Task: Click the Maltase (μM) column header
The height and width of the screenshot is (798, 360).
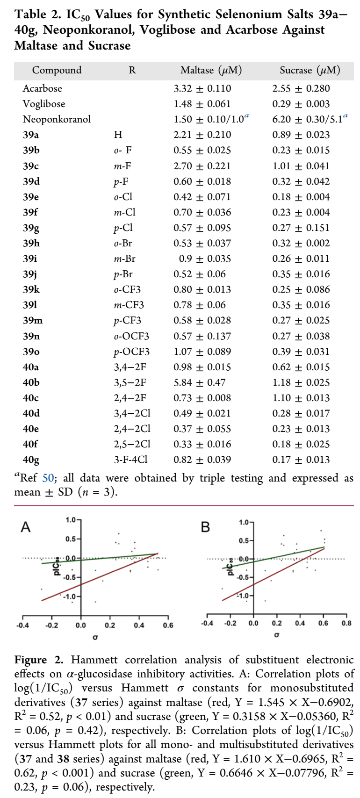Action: point(211,71)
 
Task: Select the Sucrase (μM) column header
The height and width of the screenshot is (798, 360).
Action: point(310,71)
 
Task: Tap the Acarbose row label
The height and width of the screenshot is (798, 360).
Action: point(42,88)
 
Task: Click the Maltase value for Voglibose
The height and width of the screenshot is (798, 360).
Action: point(202,104)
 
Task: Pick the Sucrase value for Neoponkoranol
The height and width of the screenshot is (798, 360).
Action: point(310,119)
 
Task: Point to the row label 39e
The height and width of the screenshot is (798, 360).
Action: point(31,197)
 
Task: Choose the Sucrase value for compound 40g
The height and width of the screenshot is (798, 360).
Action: point(301,460)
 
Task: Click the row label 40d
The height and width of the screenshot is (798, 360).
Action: point(31,413)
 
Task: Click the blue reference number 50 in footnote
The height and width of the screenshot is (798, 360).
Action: point(48,478)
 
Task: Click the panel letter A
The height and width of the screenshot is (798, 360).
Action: point(26,527)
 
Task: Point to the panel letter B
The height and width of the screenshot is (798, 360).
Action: point(205,527)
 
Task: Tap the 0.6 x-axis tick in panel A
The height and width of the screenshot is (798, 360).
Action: point(168,625)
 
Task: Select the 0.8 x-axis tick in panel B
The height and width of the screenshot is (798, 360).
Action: point(346,623)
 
